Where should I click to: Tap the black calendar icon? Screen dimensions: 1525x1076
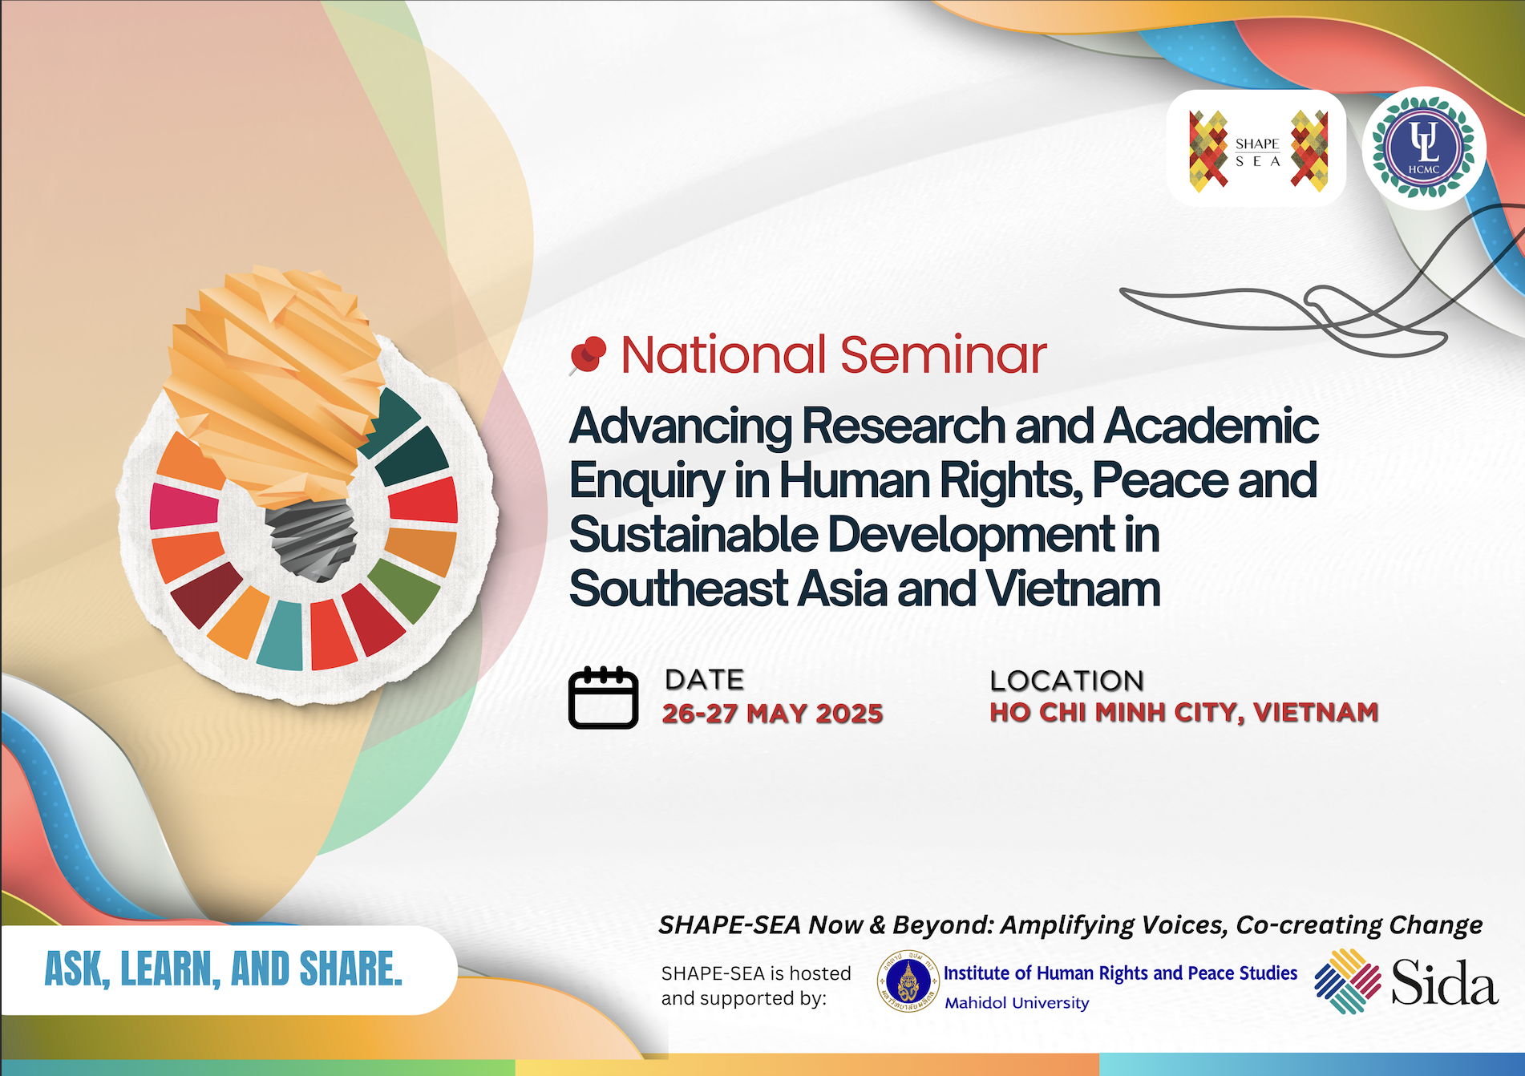(604, 698)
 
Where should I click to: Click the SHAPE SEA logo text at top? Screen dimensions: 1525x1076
(1257, 152)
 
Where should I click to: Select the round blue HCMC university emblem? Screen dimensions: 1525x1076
(1424, 148)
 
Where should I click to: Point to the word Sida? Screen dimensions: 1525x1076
(1445, 982)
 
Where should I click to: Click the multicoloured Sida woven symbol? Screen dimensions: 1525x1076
(1348, 981)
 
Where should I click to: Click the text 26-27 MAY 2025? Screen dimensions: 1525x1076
(772, 713)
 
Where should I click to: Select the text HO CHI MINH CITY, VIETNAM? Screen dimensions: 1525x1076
(1184, 712)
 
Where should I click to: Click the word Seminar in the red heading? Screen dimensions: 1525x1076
(944, 354)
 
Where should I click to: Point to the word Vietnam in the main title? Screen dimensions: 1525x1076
(1074, 589)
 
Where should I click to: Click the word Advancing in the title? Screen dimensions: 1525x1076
(681, 426)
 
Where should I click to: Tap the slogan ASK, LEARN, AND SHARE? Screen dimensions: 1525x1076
(224, 969)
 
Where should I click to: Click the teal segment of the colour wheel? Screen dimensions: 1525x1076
(281, 635)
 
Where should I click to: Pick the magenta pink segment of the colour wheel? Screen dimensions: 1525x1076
(183, 506)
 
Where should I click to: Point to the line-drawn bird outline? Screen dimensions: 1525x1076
(1323, 289)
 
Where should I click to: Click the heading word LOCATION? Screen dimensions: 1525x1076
(1067, 681)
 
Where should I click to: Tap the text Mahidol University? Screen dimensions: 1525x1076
(1017, 1003)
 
